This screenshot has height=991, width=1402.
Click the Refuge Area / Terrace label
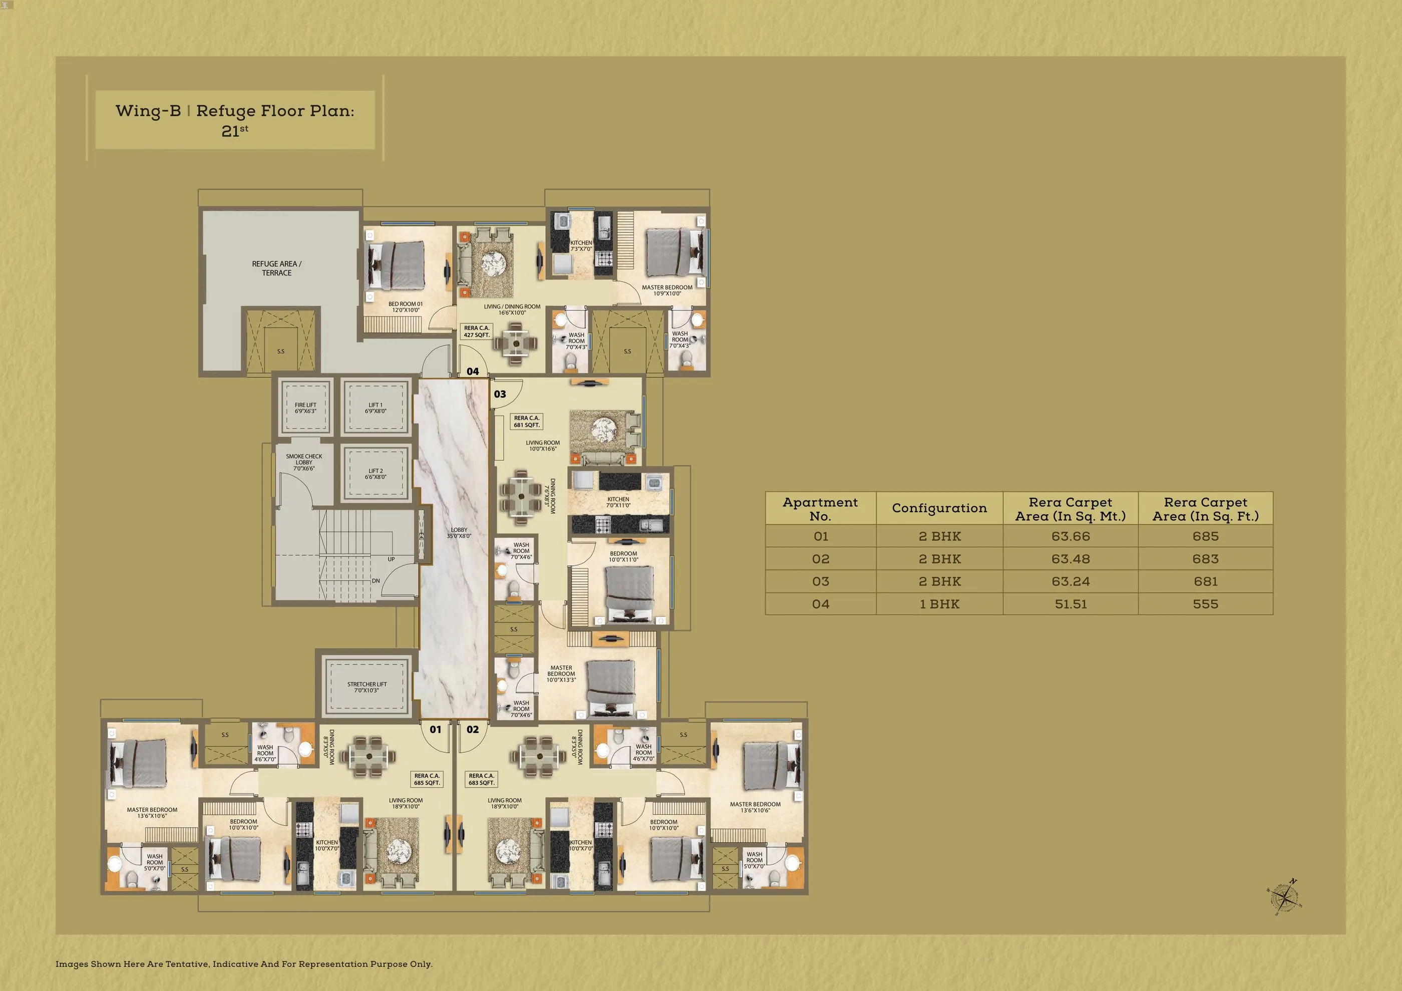click(276, 268)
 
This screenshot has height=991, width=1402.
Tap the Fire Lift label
click(305, 408)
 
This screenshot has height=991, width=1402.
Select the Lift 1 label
click(376, 408)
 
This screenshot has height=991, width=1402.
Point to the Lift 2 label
click(376, 474)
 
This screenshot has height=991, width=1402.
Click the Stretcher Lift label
click(367, 687)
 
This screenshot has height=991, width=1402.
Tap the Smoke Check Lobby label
click(304, 462)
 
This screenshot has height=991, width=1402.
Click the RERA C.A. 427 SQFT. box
click(477, 332)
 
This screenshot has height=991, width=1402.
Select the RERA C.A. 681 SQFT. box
click(527, 421)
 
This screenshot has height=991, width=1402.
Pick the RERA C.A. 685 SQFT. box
click(427, 779)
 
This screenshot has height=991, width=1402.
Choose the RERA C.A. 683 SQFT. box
click(482, 779)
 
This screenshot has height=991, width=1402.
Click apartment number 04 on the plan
click(473, 371)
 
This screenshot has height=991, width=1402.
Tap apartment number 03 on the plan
click(500, 394)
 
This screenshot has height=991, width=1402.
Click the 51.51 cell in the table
click(1071, 604)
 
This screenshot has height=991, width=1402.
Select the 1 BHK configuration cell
click(939, 604)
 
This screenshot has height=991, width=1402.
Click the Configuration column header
click(939, 508)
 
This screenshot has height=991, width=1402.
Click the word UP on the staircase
click(391, 559)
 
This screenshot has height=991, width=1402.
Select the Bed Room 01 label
click(406, 306)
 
